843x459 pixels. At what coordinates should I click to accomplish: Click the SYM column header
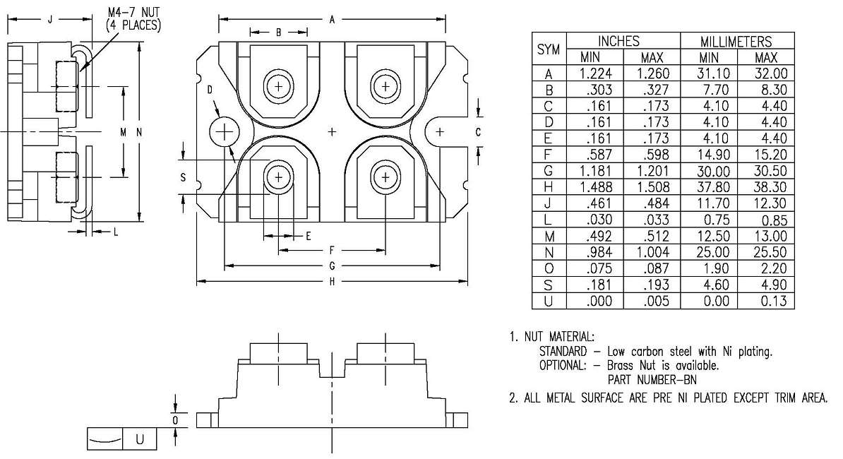(549, 49)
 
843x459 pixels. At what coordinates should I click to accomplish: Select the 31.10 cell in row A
(709, 73)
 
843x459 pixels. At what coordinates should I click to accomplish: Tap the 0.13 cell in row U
(766, 301)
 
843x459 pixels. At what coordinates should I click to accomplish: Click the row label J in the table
(549, 203)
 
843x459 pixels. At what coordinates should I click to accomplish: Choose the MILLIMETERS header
(737, 42)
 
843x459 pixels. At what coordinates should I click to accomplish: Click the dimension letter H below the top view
(332, 282)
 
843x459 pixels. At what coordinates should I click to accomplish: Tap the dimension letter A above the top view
(332, 20)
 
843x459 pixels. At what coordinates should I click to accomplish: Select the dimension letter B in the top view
(279, 32)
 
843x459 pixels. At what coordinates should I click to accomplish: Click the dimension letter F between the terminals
(332, 250)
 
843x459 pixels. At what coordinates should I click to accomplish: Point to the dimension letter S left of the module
(184, 178)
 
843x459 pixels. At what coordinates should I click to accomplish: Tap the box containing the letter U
(139, 439)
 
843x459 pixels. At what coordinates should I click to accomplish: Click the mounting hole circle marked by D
(225, 131)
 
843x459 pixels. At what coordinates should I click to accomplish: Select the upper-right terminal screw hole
(385, 86)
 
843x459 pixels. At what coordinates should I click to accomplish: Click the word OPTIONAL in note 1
(562, 365)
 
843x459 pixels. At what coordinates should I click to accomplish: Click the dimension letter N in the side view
(139, 132)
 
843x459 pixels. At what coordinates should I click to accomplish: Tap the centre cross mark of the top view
(333, 131)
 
